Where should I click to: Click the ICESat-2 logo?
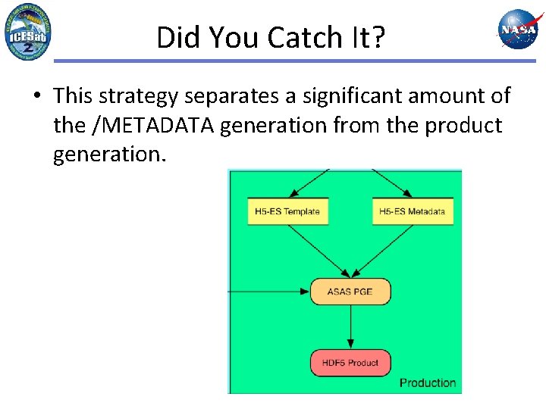(28, 32)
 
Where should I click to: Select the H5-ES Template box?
(288, 211)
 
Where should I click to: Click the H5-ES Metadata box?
(413, 211)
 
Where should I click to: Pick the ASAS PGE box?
(350, 292)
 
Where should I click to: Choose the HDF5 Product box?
(350, 363)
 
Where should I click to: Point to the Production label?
(428, 382)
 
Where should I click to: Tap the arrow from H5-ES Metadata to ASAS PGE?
(384, 250)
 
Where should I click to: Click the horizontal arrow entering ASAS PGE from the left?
(269, 291)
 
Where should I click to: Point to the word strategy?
(142, 97)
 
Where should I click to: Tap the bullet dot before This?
(36, 97)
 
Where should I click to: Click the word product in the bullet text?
(463, 125)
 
